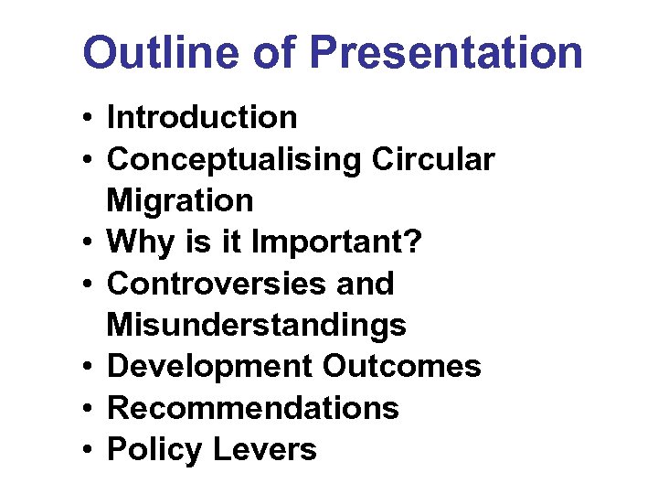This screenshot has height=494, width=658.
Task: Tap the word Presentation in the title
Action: tap(446, 53)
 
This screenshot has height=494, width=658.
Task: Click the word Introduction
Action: tap(202, 118)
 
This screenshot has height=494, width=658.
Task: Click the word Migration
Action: tap(180, 201)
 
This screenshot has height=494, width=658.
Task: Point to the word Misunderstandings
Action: tap(257, 325)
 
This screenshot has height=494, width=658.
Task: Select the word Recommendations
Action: tap(253, 408)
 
